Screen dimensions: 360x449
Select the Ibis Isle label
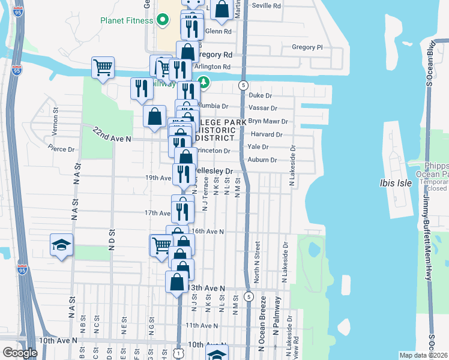click(396, 183)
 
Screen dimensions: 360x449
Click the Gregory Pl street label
click(307, 47)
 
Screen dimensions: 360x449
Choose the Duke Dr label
click(261, 95)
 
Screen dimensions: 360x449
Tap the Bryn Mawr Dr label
click(268, 121)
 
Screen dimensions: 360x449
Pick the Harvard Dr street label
click(267, 134)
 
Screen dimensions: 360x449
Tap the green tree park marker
click(203, 82)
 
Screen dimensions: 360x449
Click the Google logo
click(20, 353)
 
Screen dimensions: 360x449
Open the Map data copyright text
click(423, 355)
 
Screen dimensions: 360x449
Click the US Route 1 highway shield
click(178, 353)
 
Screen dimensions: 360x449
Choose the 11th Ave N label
click(201, 326)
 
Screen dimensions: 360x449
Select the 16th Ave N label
click(207, 231)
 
